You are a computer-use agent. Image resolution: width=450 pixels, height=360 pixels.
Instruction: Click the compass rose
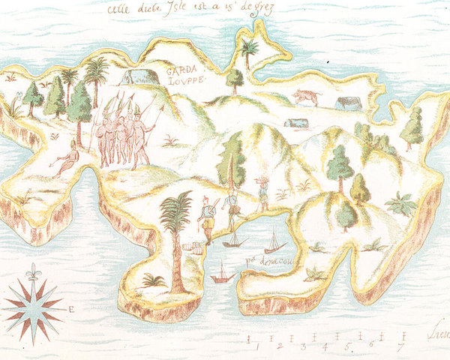34,304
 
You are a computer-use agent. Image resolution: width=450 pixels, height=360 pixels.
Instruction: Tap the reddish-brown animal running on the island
306,96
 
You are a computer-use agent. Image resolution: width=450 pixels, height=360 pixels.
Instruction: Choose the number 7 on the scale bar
400,346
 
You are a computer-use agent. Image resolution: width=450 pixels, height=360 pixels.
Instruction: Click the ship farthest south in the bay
222,275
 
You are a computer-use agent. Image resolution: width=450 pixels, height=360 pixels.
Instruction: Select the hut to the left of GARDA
135,76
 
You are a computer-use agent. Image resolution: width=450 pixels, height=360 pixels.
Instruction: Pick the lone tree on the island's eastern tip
412,127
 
